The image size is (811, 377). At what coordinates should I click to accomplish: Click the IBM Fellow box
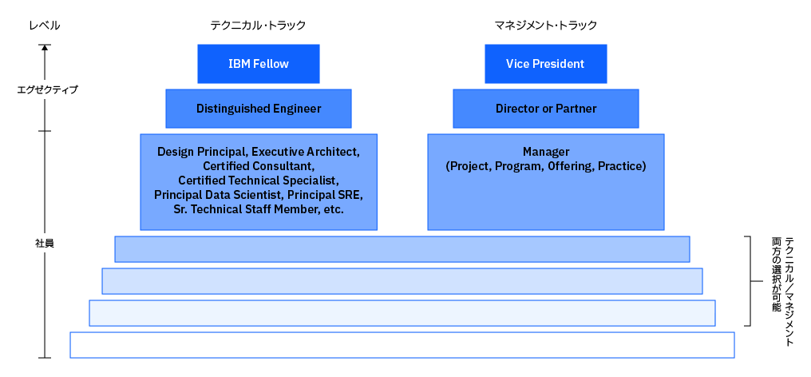coord(259,64)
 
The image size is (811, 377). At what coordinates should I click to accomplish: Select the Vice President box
coord(546,64)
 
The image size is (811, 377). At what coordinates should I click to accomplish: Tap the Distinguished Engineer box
coord(259,109)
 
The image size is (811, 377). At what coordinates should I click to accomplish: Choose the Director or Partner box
coord(546,109)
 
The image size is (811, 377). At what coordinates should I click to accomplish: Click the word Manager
coord(546,152)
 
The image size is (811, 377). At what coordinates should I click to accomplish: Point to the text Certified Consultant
coord(258,166)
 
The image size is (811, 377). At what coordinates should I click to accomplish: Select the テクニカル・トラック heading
coord(258,25)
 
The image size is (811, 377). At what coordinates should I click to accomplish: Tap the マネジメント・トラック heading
coord(546,25)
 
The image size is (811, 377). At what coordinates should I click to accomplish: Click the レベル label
coord(45,25)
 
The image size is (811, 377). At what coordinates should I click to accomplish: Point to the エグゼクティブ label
coord(45,89)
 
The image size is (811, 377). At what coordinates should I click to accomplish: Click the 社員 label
coord(45,244)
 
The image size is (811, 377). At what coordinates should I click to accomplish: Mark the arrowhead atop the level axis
coord(45,47)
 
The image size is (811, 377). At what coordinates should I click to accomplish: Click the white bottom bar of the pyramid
coord(402,345)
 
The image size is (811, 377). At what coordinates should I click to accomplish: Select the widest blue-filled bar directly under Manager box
coord(402,249)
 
